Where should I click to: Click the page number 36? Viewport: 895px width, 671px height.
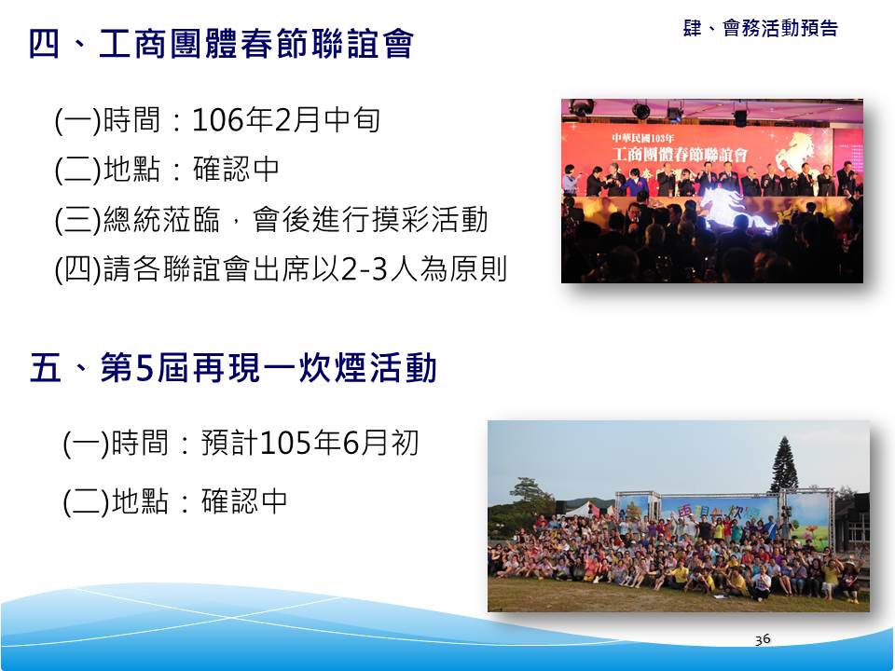[x=763, y=639]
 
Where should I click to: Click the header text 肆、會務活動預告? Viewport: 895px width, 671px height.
[x=761, y=28]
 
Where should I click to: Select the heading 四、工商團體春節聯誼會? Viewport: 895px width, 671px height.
[x=222, y=44]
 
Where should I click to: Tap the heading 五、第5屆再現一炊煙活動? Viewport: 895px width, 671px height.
[x=233, y=368]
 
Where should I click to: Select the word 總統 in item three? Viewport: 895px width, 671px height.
[x=132, y=220]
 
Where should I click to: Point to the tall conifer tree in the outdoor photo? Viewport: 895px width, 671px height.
[x=785, y=465]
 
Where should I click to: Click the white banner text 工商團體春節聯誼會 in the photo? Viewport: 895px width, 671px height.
[x=680, y=154]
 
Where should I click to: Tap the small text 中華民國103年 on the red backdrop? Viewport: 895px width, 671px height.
[x=642, y=138]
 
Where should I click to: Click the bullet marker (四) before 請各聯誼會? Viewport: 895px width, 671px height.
[x=78, y=270]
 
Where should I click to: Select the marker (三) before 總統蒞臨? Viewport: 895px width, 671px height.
[x=78, y=220]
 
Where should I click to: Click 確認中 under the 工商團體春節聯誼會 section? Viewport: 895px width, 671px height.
[x=236, y=170]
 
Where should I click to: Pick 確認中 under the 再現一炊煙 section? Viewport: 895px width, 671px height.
[x=244, y=501]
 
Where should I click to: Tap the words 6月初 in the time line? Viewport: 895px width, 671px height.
[x=380, y=444]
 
